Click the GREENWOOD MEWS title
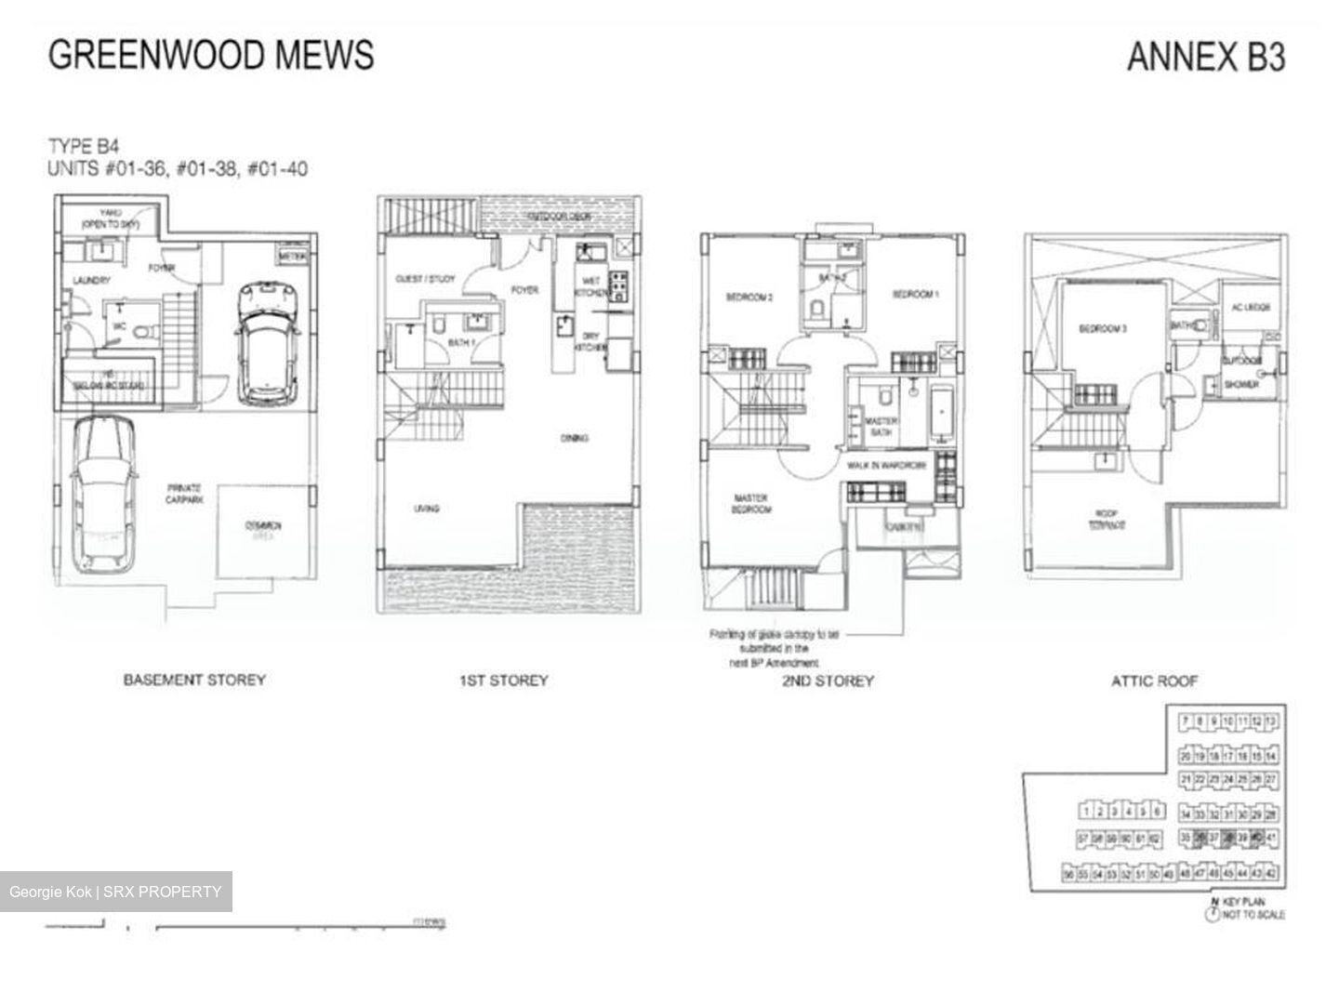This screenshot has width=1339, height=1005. tap(211, 54)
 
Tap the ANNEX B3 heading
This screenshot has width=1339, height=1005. tap(1206, 57)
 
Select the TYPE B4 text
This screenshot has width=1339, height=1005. tap(84, 146)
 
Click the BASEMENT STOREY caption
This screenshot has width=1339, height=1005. tap(194, 680)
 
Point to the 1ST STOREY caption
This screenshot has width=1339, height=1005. tap(503, 681)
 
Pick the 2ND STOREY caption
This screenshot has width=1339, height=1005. tap(829, 681)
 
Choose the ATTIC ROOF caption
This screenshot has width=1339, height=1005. tap(1154, 681)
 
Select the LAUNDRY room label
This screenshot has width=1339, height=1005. tap(91, 280)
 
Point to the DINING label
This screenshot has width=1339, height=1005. tap(574, 438)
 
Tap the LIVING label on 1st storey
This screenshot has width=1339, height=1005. tap(426, 509)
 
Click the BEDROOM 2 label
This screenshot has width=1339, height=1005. tap(749, 298)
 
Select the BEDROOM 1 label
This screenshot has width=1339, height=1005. tap(915, 295)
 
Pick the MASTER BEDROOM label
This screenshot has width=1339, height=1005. tap(749, 504)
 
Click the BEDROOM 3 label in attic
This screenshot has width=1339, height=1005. tap(1103, 328)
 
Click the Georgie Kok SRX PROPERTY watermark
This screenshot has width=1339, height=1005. tap(115, 893)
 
